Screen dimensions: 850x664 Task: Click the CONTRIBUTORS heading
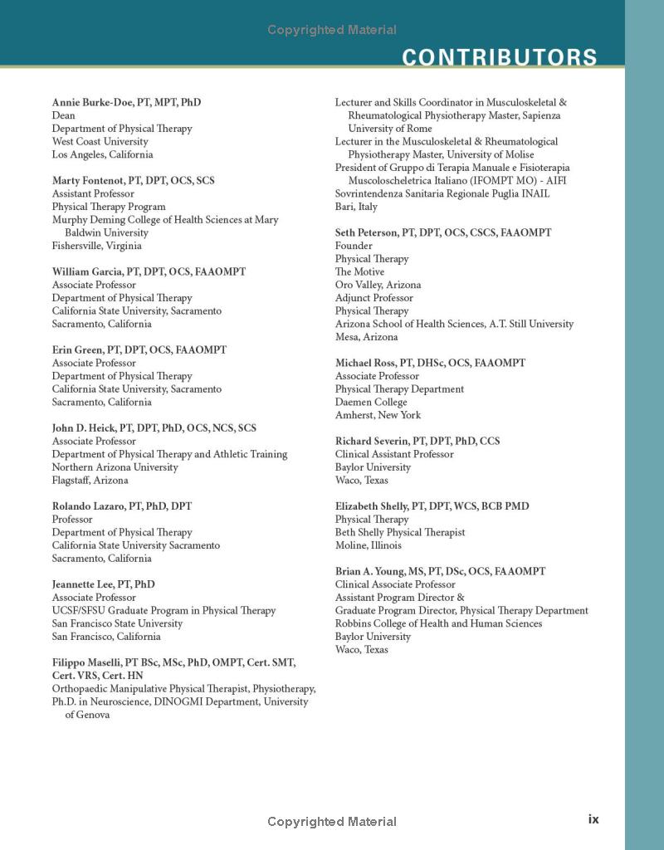click(x=499, y=57)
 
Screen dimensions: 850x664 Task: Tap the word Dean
click(x=63, y=115)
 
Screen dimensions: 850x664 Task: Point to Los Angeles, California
click(x=102, y=154)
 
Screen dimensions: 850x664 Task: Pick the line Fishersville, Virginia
click(x=96, y=246)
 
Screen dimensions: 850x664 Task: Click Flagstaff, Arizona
click(x=90, y=480)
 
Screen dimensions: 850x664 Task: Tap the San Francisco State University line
click(x=117, y=623)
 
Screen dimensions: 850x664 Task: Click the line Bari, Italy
click(x=356, y=207)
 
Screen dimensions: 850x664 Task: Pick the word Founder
click(x=354, y=246)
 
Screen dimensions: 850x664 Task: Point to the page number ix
click(x=593, y=819)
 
